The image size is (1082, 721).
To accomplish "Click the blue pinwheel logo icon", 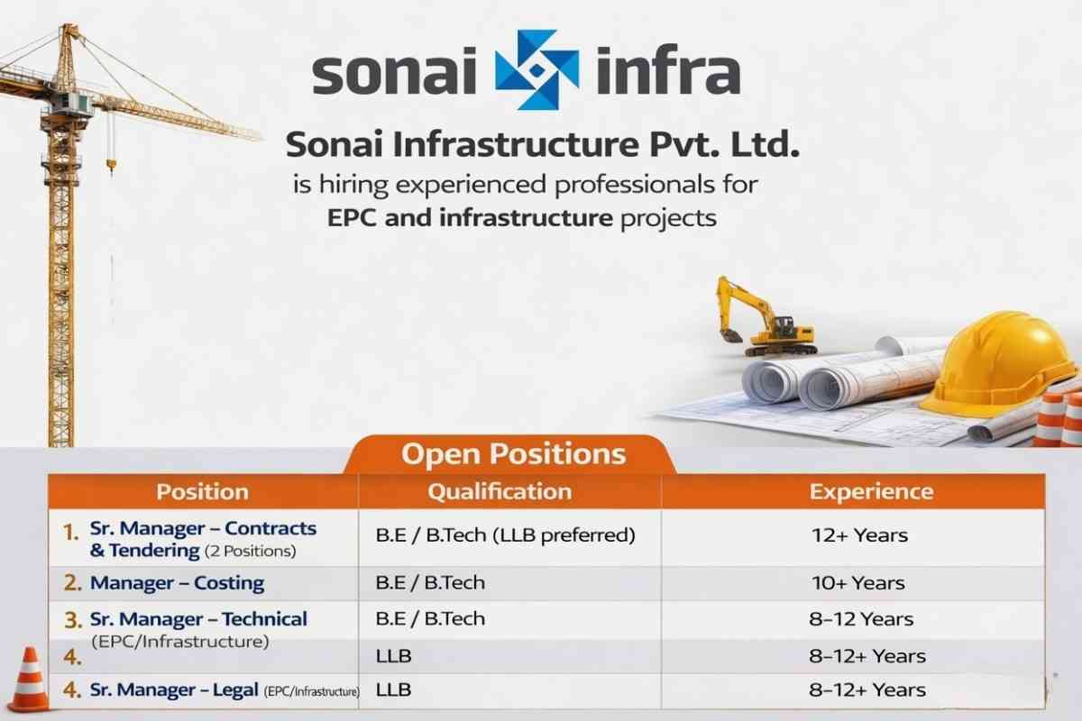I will tap(536, 70).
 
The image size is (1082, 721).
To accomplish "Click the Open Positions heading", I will tap(512, 453).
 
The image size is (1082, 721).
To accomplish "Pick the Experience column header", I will tap(871, 491).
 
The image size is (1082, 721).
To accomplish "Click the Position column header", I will tap(202, 491).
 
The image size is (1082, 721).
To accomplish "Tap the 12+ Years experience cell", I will tap(859, 535).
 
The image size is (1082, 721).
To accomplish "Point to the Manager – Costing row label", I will tap(177, 583).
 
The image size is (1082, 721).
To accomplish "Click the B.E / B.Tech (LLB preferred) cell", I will tap(505, 534).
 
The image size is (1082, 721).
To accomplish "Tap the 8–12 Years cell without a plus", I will tap(860, 619).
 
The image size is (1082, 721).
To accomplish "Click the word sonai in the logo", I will tap(393, 74).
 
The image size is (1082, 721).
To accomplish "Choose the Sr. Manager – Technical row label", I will tap(198, 619).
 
